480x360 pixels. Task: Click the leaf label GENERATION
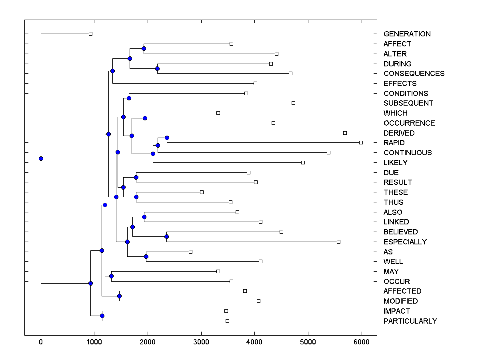pyautogui.click(x=407, y=34)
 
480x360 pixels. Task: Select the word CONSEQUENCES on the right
pyautogui.click(x=414, y=74)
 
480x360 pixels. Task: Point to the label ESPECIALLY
pyautogui.click(x=405, y=242)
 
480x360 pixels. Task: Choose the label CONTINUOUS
pyautogui.click(x=407, y=153)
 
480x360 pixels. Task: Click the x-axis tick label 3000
pyautogui.click(x=201, y=342)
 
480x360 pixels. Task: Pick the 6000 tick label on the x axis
pyautogui.click(x=362, y=342)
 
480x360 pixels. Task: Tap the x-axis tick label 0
pyautogui.click(x=41, y=342)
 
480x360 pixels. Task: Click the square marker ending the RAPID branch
pyautogui.click(x=361, y=142)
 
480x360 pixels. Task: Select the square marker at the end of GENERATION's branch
pyautogui.click(x=90, y=34)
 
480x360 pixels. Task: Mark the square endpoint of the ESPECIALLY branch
pyautogui.click(x=338, y=242)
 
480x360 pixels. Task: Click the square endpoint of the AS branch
pyautogui.click(x=190, y=252)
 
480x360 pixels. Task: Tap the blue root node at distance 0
pyautogui.click(x=41, y=158)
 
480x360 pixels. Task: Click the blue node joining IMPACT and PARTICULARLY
pyautogui.click(x=102, y=316)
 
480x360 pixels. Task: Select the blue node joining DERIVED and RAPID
pyautogui.click(x=167, y=138)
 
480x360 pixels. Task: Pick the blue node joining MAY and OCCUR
pyautogui.click(x=111, y=276)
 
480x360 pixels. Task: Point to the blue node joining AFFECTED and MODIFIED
pyautogui.click(x=119, y=296)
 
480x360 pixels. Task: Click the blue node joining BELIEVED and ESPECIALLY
pyautogui.click(x=166, y=237)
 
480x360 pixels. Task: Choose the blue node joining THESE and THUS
pyautogui.click(x=136, y=197)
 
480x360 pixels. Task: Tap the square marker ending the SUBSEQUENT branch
pyautogui.click(x=293, y=103)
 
